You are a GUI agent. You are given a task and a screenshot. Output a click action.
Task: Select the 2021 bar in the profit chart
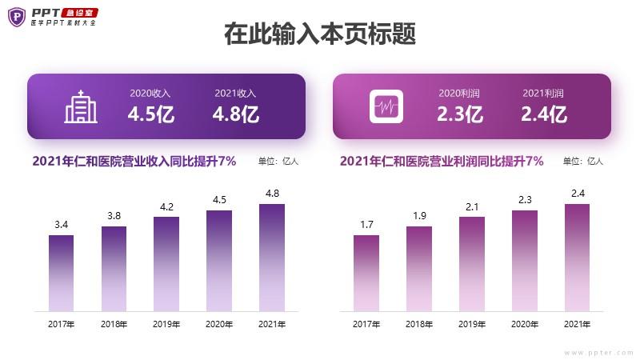click(x=577, y=258)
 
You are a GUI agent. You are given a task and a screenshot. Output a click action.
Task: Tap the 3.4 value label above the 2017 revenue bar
click(x=61, y=225)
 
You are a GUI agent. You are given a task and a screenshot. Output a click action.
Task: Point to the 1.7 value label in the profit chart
click(x=366, y=225)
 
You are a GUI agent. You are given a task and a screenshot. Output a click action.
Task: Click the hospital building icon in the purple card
click(x=81, y=107)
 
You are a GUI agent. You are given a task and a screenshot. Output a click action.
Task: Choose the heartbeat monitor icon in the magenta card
click(x=386, y=107)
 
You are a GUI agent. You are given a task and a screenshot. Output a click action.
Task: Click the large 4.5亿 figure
click(x=151, y=114)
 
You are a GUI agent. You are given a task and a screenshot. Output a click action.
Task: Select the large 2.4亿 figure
click(x=543, y=114)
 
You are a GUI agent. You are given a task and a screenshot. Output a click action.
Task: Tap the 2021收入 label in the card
click(x=235, y=93)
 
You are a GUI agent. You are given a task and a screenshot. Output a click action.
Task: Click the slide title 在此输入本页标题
click(x=320, y=35)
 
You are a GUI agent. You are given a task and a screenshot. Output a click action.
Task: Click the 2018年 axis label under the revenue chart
click(x=114, y=324)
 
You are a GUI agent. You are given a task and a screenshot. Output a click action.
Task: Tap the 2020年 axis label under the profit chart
click(x=524, y=324)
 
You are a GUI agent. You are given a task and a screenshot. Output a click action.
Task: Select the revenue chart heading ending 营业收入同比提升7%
click(x=134, y=161)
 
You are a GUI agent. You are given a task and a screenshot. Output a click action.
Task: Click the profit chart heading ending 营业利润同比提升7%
click(x=442, y=161)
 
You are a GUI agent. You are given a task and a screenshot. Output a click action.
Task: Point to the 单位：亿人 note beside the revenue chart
click(x=278, y=162)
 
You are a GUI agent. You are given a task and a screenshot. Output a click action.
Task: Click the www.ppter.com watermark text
click(x=598, y=352)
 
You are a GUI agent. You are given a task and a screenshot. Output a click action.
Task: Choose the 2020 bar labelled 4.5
click(x=219, y=261)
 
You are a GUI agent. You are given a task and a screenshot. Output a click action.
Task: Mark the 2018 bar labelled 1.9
click(x=419, y=269)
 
